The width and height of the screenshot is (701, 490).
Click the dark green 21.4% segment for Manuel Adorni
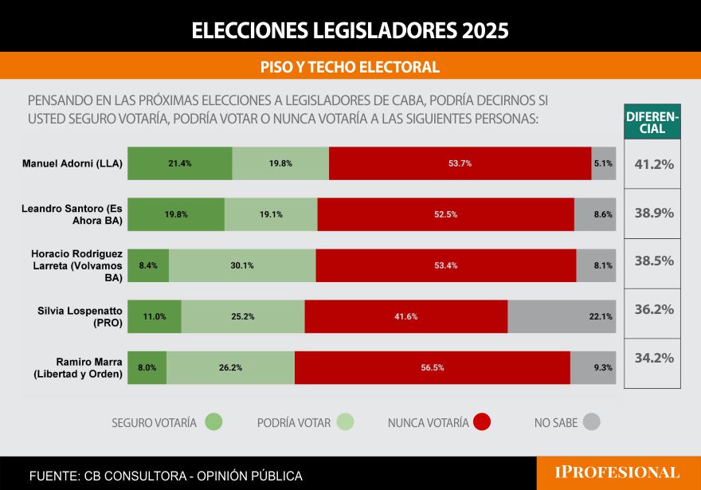coord(180,163)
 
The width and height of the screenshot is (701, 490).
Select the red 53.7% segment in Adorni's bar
coord(460,163)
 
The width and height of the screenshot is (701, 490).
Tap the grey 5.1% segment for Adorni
coord(604,163)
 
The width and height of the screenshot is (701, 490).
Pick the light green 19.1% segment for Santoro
coord(271,214)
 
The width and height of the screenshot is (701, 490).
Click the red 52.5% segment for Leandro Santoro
coord(445,214)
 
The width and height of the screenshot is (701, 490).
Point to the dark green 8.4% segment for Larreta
coord(148,265)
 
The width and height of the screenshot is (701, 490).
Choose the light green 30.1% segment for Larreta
coord(242,265)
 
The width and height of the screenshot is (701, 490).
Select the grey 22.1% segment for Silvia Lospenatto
coord(562,316)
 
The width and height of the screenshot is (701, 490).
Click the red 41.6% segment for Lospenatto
coord(405,316)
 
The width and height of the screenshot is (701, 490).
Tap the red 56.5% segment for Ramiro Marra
coord(432,367)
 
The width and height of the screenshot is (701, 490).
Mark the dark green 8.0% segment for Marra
coord(147,367)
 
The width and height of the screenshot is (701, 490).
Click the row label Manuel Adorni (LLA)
coord(72,164)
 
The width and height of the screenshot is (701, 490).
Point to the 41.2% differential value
coord(653,165)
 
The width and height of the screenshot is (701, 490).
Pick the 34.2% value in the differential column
coord(653,358)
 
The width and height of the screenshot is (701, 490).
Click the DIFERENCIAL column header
coord(652,122)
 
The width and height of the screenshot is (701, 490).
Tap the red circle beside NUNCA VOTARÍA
coord(481,422)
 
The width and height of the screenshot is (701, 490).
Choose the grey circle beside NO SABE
coord(591,422)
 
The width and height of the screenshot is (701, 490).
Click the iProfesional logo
coord(617,472)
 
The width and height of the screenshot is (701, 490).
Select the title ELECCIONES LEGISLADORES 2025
coord(350,30)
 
